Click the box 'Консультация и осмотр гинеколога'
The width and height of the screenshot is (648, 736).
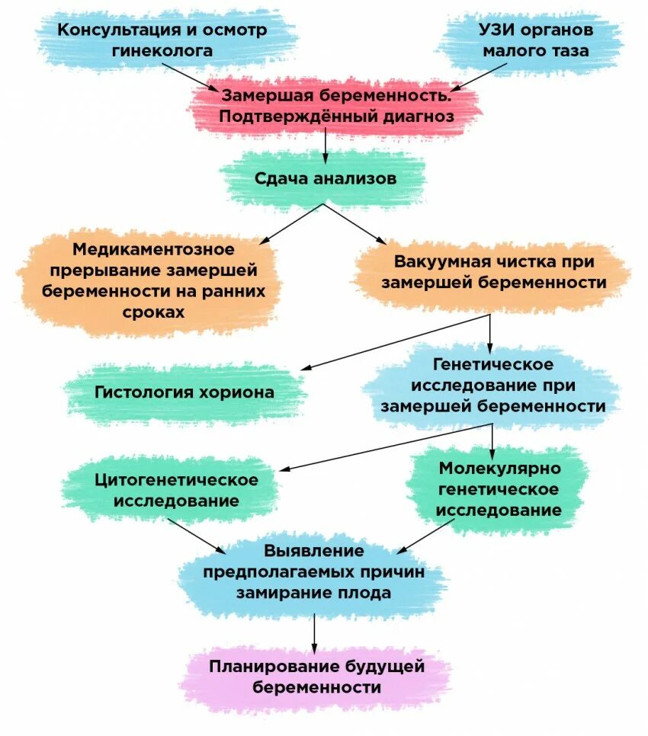163,40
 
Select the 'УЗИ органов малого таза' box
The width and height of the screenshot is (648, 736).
536,40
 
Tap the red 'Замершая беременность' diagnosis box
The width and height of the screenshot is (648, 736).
336,106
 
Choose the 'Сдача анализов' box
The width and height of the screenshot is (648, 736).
325,179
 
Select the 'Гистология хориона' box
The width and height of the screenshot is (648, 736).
184,393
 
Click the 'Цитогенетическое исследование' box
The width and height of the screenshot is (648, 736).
176,491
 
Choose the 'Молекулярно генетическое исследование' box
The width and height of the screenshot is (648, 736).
499,489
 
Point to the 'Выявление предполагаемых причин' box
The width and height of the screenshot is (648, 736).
314,571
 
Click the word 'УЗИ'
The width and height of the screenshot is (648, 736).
496,30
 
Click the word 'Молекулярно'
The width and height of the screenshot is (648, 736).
499,468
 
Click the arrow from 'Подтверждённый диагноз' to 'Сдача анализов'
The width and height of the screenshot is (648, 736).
326,145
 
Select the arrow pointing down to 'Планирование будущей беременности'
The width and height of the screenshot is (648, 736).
314,632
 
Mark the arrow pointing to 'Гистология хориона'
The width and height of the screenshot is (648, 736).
396,342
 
